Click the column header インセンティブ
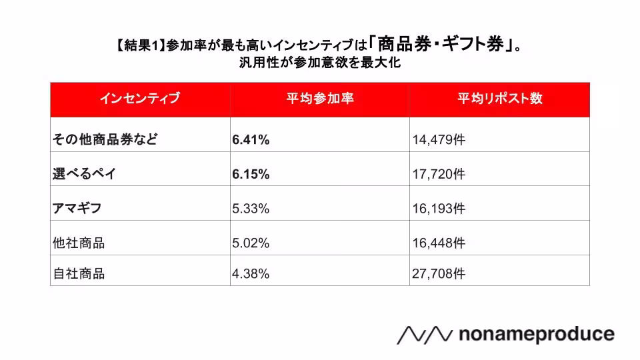(140, 99)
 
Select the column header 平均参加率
(319, 99)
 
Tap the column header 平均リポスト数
(499, 99)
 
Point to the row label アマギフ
(77, 209)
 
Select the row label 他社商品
(79, 243)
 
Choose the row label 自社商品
(79, 273)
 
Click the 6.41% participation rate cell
(251, 139)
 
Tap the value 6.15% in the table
(251, 174)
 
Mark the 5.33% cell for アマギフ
(251, 209)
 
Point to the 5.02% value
(251, 243)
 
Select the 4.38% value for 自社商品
(251, 273)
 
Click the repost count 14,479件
(439, 139)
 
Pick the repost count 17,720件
(439, 174)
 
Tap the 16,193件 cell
(439, 209)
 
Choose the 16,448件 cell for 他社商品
(439, 243)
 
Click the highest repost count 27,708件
(439, 273)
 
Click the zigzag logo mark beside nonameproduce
(425, 335)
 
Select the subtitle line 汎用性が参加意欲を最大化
(319, 65)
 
